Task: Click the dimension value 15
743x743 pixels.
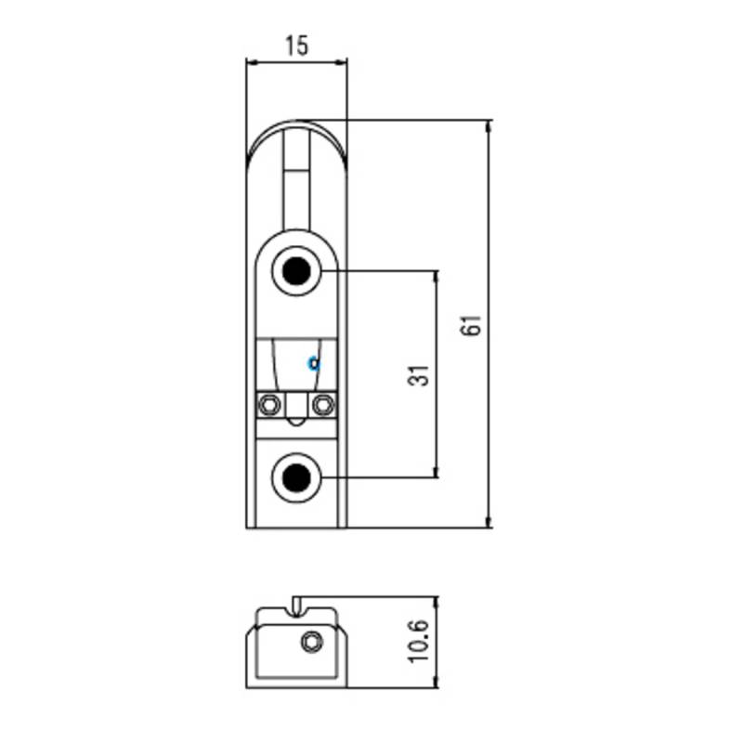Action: click(297, 46)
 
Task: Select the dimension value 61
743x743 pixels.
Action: click(471, 325)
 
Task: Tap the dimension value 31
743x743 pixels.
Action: click(419, 375)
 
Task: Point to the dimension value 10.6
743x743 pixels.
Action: click(419, 641)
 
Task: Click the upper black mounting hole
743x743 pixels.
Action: click(296, 271)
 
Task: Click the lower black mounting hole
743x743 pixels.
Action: click(296, 477)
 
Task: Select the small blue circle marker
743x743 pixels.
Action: click(314, 363)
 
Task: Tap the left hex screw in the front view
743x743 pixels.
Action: click(269, 405)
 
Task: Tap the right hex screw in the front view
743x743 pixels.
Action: click(323, 405)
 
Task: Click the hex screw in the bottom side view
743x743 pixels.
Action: click(312, 643)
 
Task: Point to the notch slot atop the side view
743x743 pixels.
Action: click(297, 607)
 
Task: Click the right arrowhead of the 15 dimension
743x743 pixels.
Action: click(342, 61)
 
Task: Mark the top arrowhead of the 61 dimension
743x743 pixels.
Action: click(489, 125)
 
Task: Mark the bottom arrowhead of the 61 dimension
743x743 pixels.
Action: click(489, 522)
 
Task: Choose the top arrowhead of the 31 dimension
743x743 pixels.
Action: click(436, 276)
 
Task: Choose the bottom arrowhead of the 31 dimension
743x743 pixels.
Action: click(436, 472)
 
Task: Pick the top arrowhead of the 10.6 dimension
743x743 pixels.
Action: click(436, 602)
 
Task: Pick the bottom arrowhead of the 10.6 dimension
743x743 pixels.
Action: click(436, 682)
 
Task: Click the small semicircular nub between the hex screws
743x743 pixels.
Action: click(296, 422)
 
